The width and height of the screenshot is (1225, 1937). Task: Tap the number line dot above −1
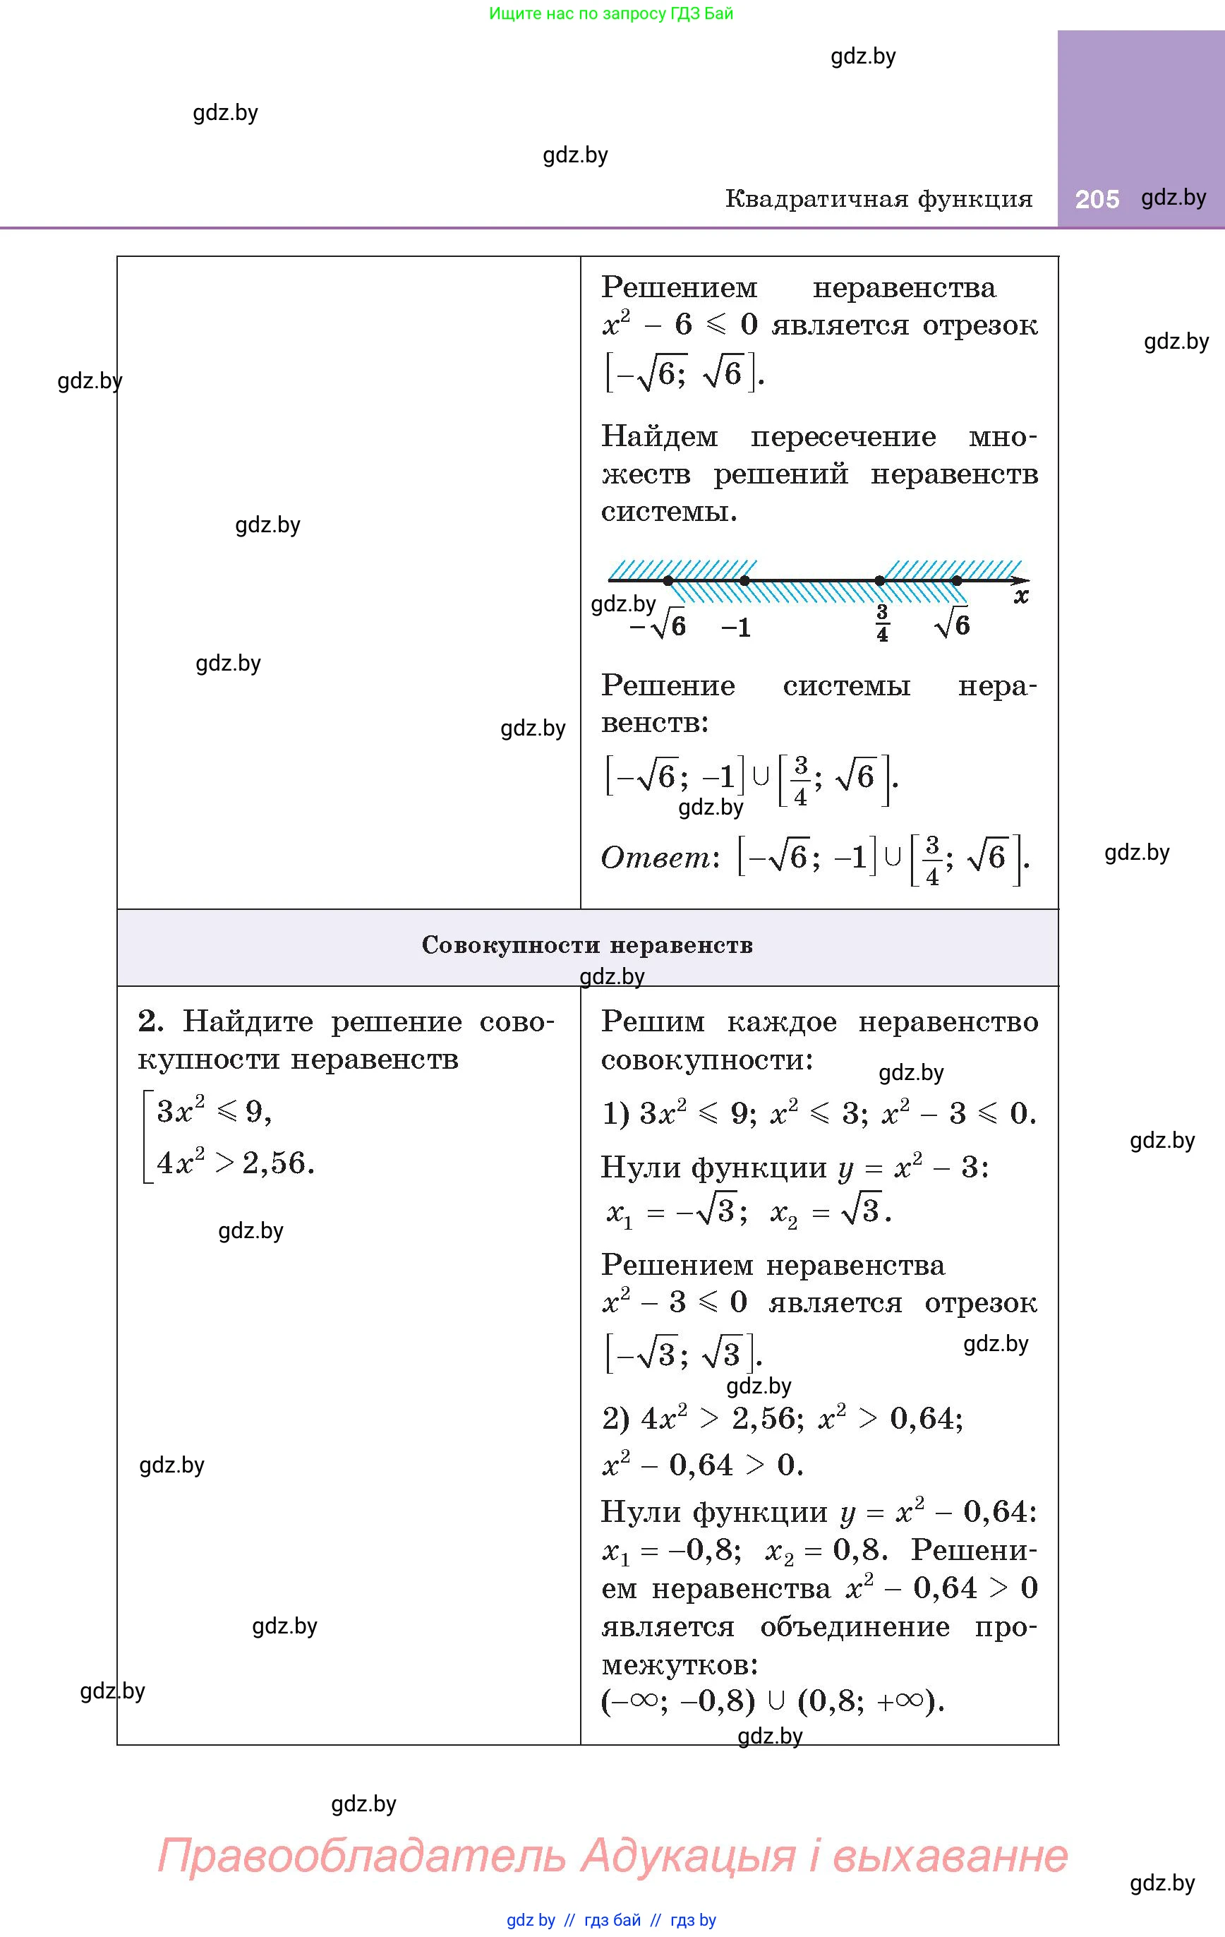(745, 580)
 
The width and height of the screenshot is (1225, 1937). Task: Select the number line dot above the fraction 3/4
(880, 580)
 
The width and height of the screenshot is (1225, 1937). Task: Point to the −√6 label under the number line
(658, 626)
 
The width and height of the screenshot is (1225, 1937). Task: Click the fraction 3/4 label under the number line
(882, 623)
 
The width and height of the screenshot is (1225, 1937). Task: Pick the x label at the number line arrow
(1020, 596)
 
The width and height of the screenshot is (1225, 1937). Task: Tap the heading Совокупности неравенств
(587, 945)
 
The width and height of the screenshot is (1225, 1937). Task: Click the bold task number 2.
(150, 1021)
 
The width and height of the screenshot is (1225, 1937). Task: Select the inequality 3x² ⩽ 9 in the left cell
(214, 1111)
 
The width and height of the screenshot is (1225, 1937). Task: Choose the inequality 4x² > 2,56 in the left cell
(235, 1163)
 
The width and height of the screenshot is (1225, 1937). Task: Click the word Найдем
(660, 437)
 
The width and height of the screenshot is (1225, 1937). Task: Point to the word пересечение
(843, 437)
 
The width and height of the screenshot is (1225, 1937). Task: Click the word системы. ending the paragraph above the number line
(669, 512)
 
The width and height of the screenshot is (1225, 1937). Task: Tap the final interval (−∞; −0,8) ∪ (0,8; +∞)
(772, 1701)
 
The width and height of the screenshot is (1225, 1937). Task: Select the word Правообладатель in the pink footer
(362, 1856)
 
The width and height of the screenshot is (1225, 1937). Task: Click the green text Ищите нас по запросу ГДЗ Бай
(611, 13)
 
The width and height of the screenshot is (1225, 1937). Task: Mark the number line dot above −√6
(668, 580)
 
